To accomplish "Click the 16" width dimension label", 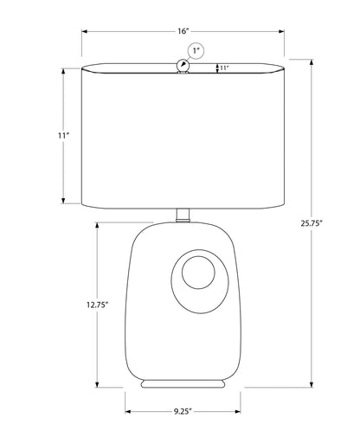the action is coord(183,31).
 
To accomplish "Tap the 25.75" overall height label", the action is coord(312,223).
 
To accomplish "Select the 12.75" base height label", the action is coord(97,305).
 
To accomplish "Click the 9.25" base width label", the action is coord(183,411).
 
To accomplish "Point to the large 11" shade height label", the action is coord(63,135).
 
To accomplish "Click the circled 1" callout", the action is coord(196,51).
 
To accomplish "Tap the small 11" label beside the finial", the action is coord(224,68).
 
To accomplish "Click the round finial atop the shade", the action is coord(183,65).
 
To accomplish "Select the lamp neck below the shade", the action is coord(183,215).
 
